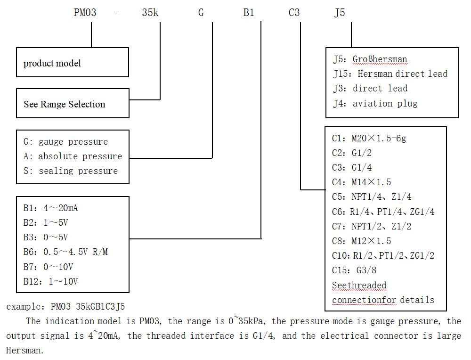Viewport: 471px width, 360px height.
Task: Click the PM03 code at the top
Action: (x=85, y=13)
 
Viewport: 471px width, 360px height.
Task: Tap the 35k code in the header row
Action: (x=150, y=13)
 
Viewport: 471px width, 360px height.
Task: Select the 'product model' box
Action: (x=73, y=62)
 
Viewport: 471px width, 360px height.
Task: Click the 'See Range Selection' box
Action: (x=73, y=104)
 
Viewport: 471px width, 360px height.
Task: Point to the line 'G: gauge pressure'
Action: (x=65, y=142)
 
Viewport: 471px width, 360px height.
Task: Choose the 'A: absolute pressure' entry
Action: (x=73, y=156)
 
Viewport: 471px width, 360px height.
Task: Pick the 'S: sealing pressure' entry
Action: (x=71, y=171)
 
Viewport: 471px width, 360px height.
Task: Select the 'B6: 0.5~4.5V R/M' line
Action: (x=65, y=252)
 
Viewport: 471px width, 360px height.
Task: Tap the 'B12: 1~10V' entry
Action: (x=50, y=282)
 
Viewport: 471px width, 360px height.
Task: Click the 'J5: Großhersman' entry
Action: (x=370, y=59)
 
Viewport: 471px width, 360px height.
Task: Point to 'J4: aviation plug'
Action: (x=375, y=103)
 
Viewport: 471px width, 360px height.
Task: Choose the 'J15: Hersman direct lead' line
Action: (x=390, y=74)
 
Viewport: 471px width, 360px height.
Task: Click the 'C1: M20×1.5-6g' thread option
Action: (x=369, y=138)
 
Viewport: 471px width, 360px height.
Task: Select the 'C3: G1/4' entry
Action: (x=352, y=168)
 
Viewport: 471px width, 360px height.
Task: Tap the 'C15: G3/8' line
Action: (x=354, y=270)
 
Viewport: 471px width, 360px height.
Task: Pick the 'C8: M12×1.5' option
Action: (x=361, y=241)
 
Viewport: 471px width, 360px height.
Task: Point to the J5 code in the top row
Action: (x=340, y=13)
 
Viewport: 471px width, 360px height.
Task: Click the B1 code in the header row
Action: (x=249, y=13)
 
